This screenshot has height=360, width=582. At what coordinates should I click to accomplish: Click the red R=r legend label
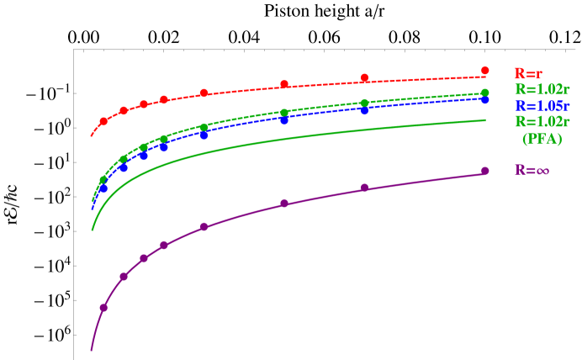point(528,73)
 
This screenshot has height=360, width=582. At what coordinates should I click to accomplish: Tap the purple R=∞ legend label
point(532,170)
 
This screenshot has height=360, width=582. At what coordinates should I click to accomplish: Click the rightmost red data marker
point(485,71)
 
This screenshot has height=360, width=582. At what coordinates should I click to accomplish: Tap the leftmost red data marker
point(103,121)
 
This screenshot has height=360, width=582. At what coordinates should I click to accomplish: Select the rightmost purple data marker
point(485,171)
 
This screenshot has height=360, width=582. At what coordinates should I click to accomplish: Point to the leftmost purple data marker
point(103,307)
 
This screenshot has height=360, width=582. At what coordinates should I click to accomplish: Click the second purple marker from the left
point(124,276)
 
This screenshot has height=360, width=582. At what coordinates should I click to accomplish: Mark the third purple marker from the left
point(144,257)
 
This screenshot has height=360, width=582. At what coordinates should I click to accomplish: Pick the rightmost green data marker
point(485,93)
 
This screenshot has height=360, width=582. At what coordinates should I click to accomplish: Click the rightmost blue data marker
point(485,99)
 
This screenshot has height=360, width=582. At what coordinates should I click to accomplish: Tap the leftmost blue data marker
point(103,188)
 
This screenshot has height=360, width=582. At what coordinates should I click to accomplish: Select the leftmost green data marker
point(103,179)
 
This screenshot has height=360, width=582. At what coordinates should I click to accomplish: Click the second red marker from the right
point(364,77)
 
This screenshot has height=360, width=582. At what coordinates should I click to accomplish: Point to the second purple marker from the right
point(364,188)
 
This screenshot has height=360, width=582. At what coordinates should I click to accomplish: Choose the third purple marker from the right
point(284,203)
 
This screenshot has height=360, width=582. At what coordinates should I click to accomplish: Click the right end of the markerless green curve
point(485,120)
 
